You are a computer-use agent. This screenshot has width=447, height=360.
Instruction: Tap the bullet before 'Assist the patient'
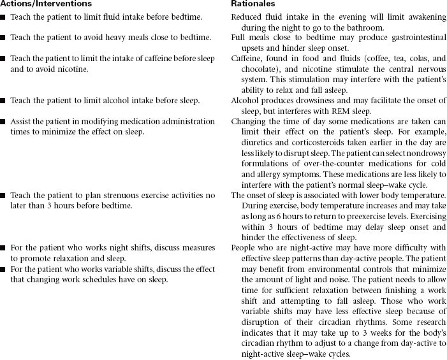[4, 122]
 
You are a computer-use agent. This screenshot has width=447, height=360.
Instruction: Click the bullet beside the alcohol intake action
[4, 101]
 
